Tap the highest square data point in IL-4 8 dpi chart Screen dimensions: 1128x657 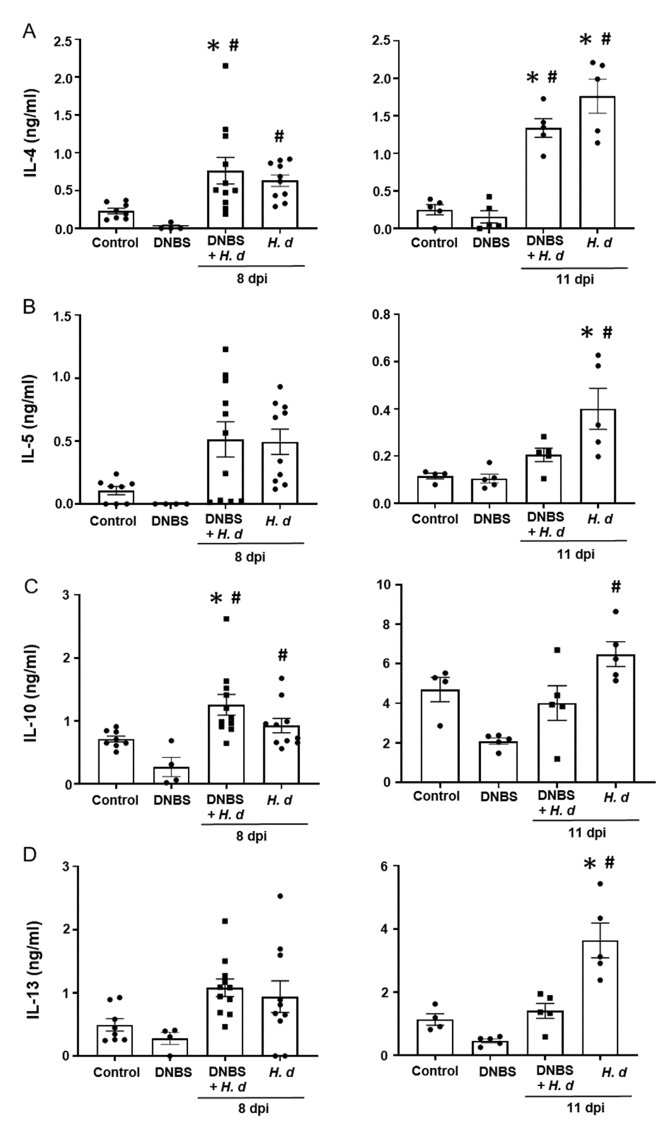[226, 66]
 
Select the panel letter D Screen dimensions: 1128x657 [30, 855]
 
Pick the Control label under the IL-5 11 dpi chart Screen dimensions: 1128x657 [435, 519]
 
